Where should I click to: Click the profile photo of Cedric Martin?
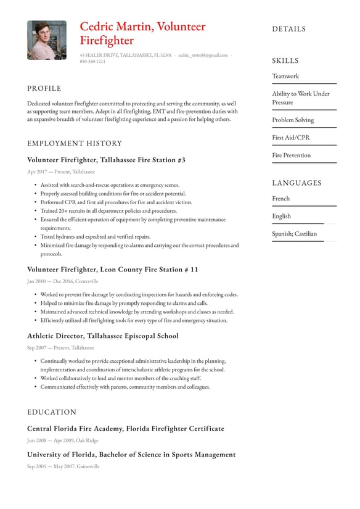[47, 40]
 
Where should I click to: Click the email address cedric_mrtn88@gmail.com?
[203, 55]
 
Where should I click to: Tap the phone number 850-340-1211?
[92, 62]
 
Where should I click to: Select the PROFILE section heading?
[44, 88]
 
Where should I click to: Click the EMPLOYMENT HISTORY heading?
[75, 143]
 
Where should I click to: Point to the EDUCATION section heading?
[52, 412]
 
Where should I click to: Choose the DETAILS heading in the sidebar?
[288, 29]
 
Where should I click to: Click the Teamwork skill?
[285, 77]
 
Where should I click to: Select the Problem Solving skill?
[293, 120]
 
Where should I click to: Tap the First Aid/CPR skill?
[291, 138]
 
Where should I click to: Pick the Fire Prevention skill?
[292, 155]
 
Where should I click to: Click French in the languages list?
[281, 199]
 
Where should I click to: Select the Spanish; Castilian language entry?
[295, 234]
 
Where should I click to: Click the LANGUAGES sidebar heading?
[297, 183]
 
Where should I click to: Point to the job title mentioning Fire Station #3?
[106, 160]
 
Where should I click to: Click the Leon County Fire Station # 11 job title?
[113, 270]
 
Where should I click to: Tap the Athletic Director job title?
[103, 336]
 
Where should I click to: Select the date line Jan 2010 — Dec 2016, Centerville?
[62, 281]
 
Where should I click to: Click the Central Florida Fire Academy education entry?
[126, 429]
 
